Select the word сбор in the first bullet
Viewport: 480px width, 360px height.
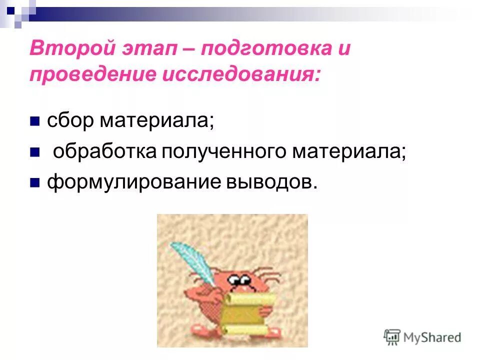(x=69, y=121)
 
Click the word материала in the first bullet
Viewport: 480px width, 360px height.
(x=156, y=121)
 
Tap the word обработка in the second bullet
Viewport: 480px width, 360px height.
(x=105, y=151)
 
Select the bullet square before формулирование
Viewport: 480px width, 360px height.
(x=34, y=181)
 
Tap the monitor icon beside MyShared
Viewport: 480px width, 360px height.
(x=392, y=336)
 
